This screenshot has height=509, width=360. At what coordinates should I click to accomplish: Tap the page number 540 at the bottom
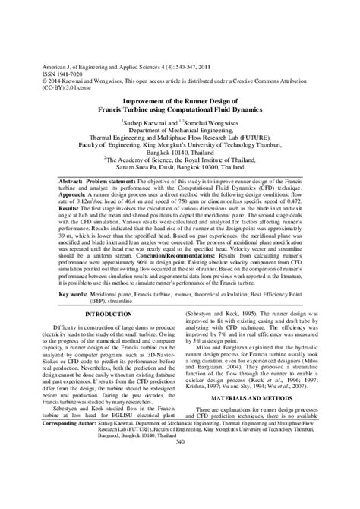pyautogui.click(x=180, y=485)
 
